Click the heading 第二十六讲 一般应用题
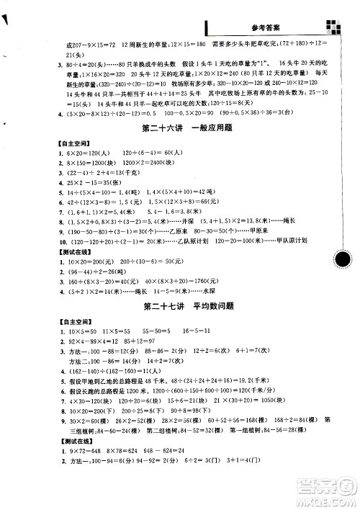pos(181,130)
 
